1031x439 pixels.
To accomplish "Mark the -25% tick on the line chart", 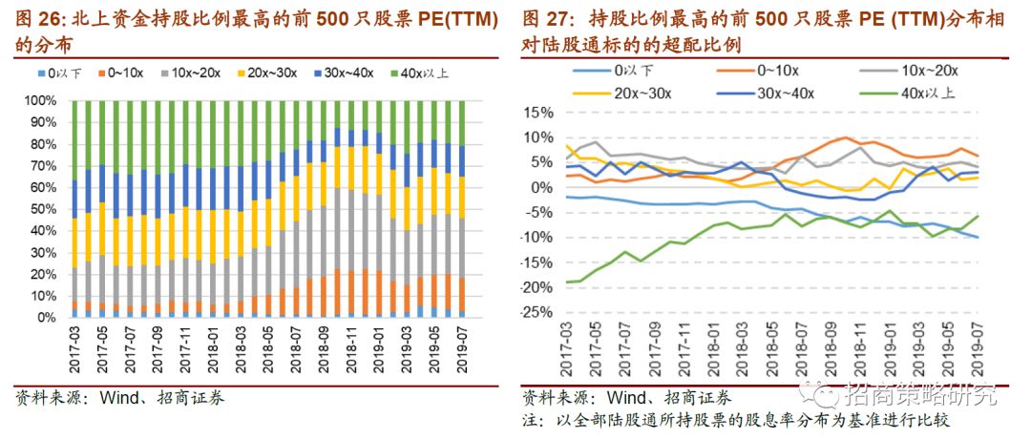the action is pyautogui.click(x=537, y=313).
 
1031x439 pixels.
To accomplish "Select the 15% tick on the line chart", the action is pyautogui.click(x=539, y=113).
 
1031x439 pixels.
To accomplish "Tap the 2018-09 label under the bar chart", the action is pyautogui.click(x=325, y=351).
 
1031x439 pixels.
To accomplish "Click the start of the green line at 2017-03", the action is pyautogui.click(x=565, y=282).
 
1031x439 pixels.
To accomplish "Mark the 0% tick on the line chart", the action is pyautogui.click(x=543, y=188).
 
